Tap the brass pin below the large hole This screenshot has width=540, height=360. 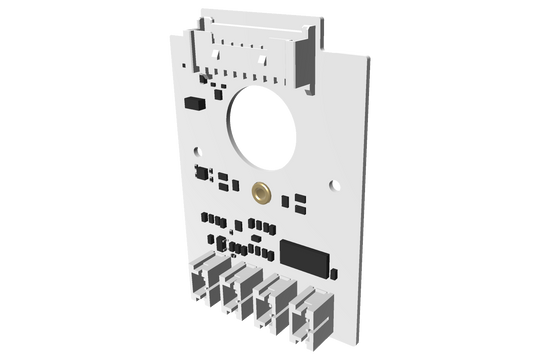(262, 192)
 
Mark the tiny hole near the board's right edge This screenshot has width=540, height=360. (335, 182)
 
